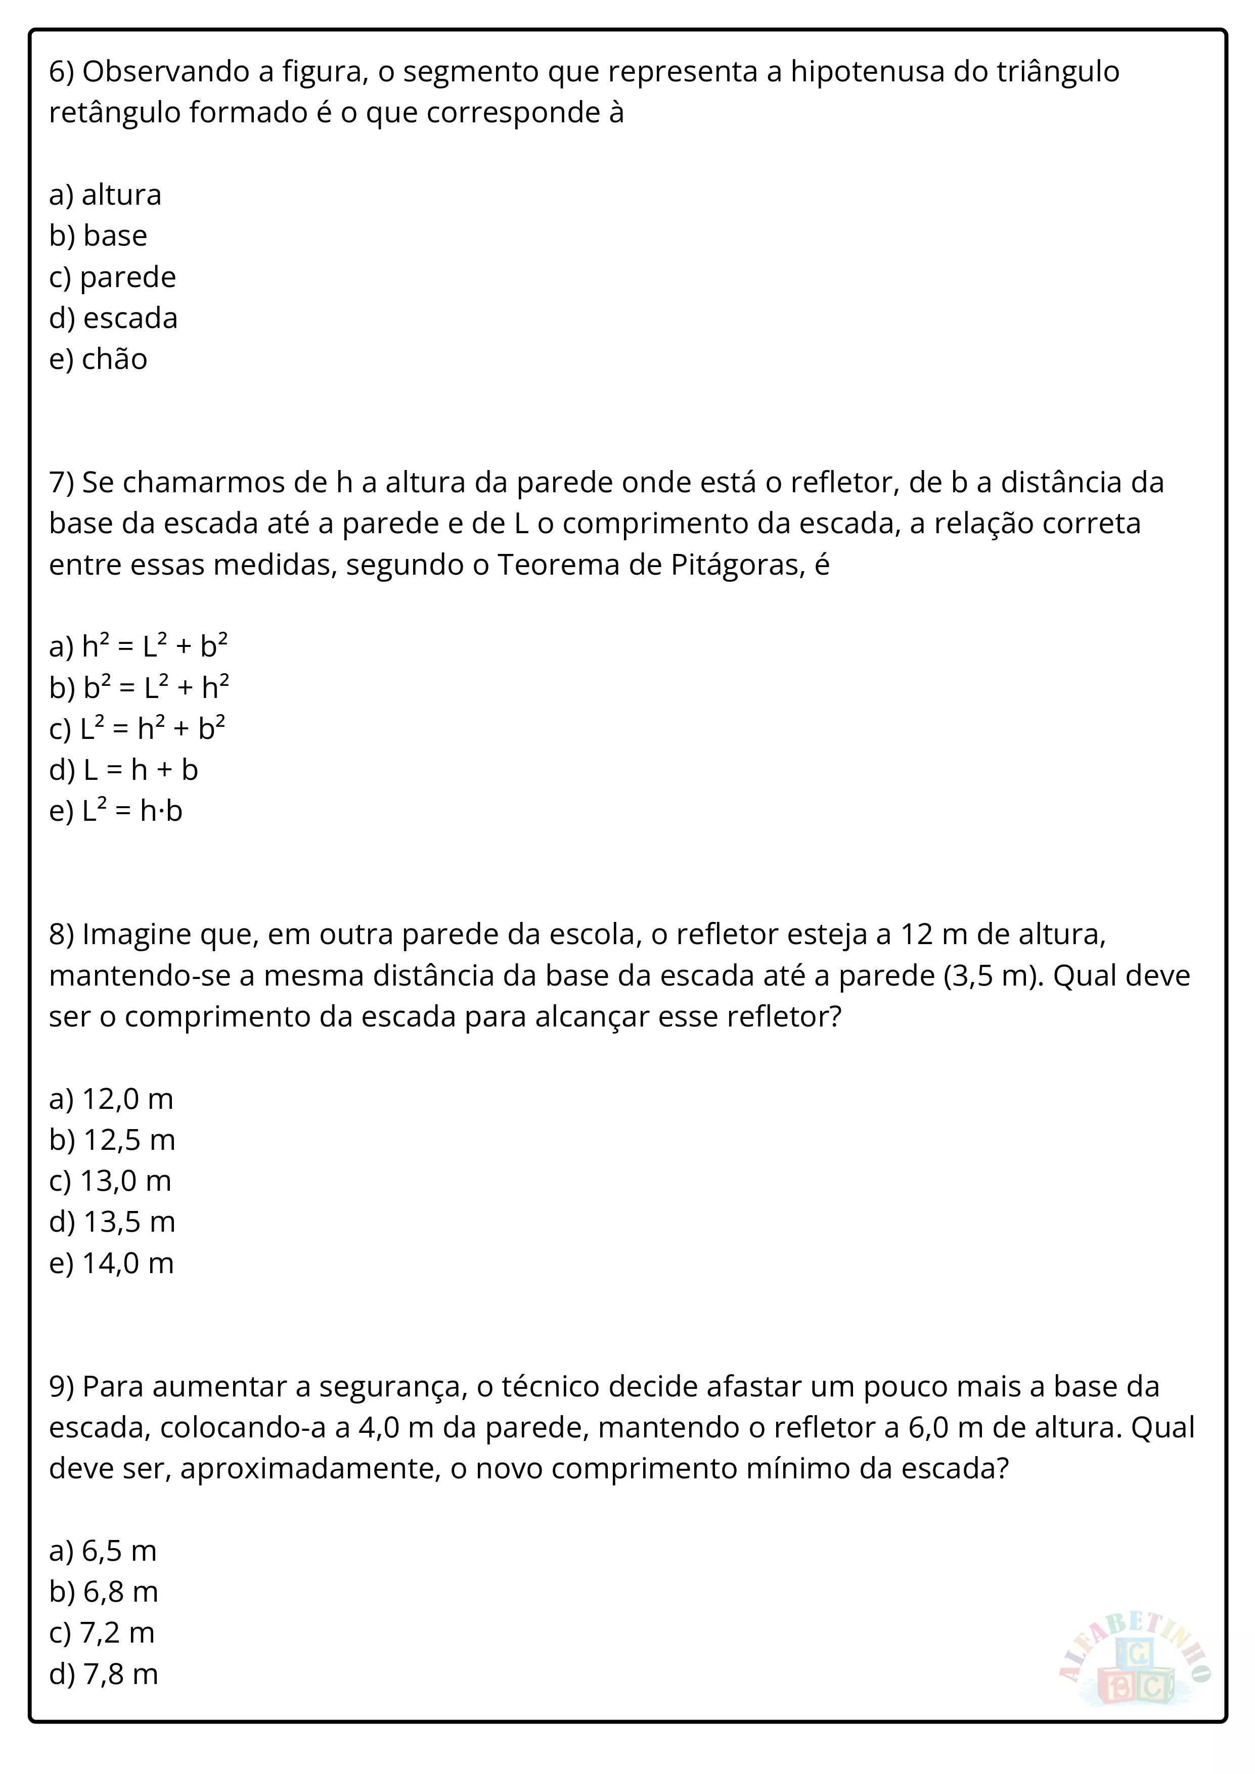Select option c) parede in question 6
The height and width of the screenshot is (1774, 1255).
[x=112, y=276]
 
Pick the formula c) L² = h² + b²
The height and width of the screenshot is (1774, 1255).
[x=137, y=729]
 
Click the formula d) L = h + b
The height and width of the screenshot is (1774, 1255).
[x=124, y=770]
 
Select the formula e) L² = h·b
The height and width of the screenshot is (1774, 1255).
[x=116, y=811]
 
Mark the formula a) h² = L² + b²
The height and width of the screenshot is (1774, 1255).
[x=139, y=646]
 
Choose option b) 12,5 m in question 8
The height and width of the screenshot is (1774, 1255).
[x=112, y=1140]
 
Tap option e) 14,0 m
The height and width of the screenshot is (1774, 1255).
[x=111, y=1263]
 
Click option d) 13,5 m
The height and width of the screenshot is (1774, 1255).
[x=112, y=1222]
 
